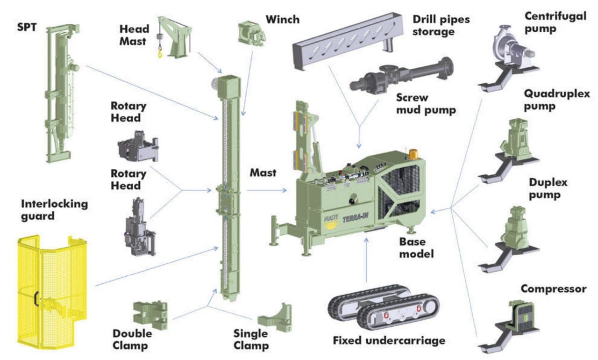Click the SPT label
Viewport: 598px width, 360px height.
tap(27, 27)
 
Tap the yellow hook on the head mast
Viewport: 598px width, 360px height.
tap(160, 52)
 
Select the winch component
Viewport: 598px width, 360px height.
tap(252, 34)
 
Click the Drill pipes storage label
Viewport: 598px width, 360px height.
tap(441, 25)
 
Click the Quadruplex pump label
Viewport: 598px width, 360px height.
tap(556, 100)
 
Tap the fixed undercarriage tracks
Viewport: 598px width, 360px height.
tap(384, 308)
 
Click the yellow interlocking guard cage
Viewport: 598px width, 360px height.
tap(52, 292)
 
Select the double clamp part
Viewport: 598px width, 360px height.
tap(150, 315)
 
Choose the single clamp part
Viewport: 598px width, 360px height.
tap(275, 317)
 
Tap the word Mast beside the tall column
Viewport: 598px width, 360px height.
tap(263, 173)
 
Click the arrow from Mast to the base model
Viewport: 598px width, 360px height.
tap(267, 190)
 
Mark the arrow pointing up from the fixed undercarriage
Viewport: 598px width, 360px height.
tap(367, 260)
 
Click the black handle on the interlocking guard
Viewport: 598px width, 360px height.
tap(37, 299)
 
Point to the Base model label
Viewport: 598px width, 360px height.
tap(416, 248)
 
